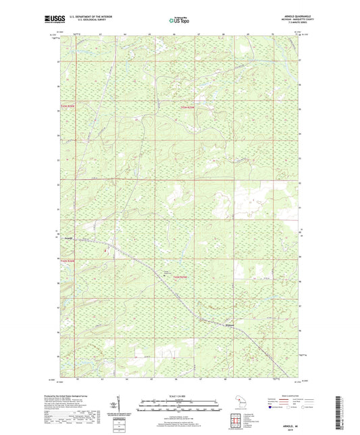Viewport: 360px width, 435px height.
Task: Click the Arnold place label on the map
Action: point(68,238)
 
